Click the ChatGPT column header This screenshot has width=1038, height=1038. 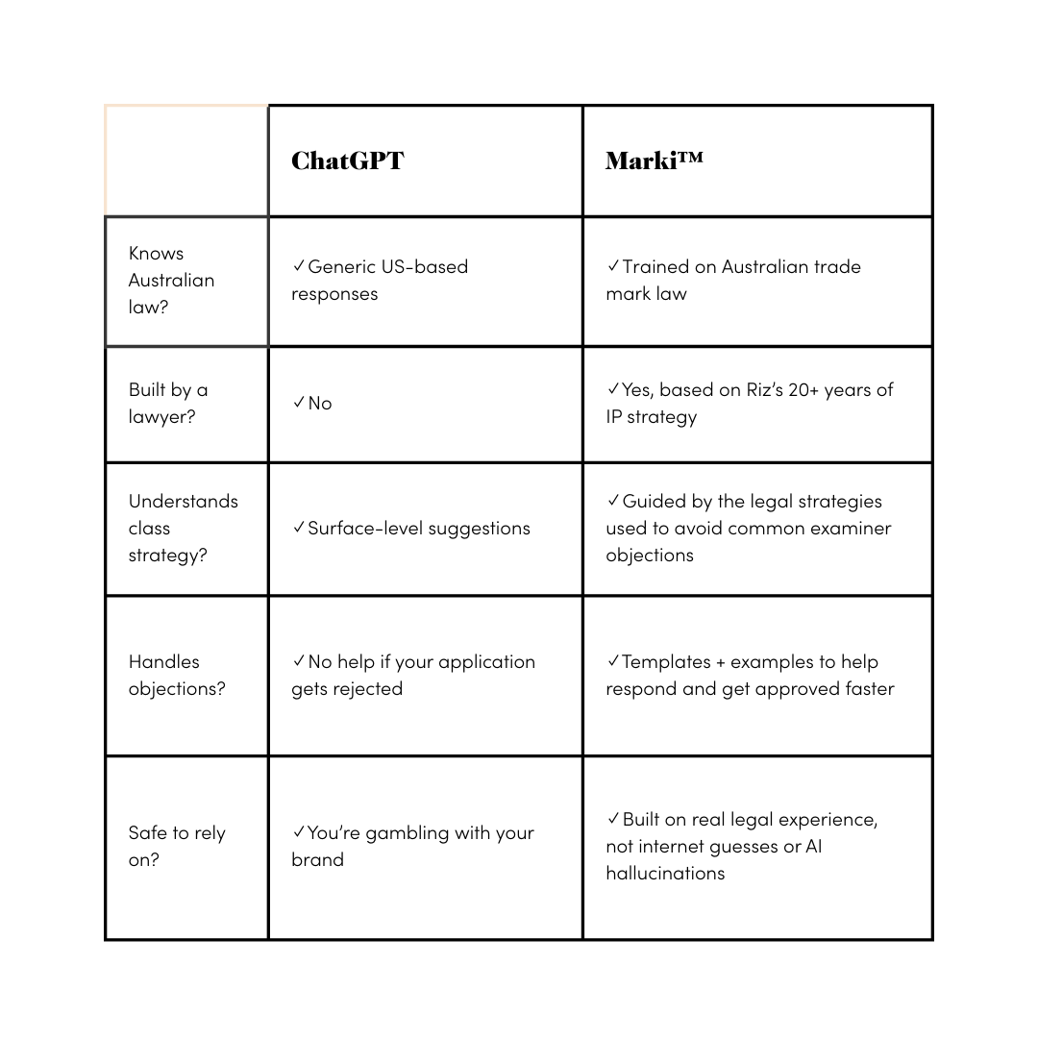(348, 160)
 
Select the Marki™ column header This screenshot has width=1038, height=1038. (654, 160)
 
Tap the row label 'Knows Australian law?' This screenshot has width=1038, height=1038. (171, 280)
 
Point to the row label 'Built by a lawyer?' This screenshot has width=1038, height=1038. (168, 403)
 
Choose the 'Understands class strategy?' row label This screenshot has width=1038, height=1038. (183, 528)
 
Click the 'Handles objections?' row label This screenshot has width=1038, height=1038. (177, 675)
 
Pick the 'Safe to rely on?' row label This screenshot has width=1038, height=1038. (177, 846)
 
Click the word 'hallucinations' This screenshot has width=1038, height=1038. (665, 873)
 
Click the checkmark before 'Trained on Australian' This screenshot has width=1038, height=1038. (613, 266)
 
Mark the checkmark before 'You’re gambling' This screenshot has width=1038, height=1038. (299, 832)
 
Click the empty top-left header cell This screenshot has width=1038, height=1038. (186, 161)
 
